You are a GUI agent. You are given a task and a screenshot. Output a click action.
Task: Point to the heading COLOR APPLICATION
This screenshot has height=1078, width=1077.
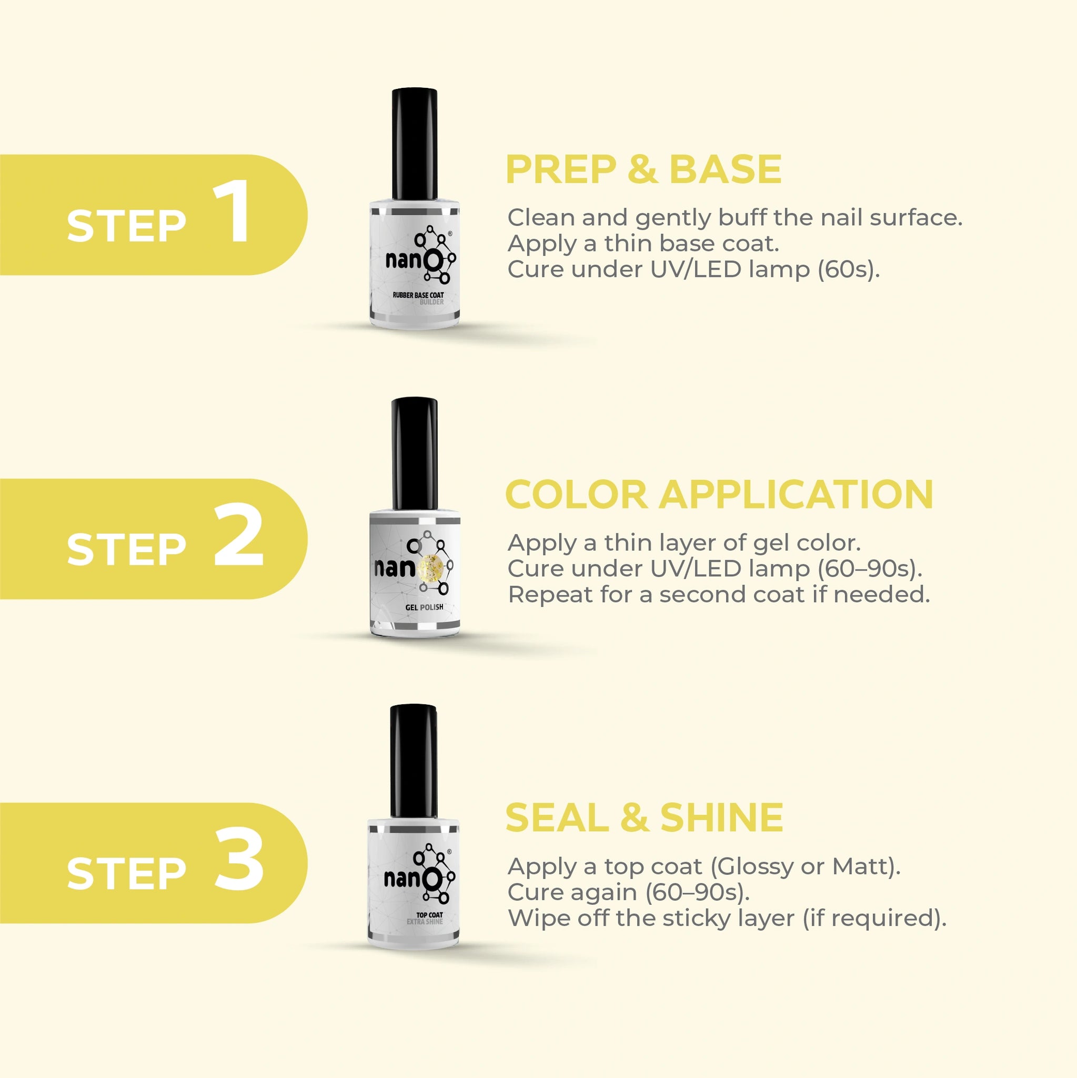[719, 494]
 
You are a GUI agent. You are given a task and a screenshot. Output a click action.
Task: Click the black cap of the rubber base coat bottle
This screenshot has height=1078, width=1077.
[415, 144]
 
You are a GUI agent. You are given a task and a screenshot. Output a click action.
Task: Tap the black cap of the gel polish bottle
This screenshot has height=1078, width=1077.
[415, 454]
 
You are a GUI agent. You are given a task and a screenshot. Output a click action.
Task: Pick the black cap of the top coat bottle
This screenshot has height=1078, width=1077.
[414, 761]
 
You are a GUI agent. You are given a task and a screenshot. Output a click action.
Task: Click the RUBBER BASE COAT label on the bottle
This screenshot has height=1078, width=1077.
[418, 295]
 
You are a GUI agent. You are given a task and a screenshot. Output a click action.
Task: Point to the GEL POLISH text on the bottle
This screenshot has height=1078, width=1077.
[425, 607]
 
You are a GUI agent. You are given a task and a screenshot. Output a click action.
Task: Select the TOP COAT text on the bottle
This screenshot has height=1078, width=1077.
[429, 914]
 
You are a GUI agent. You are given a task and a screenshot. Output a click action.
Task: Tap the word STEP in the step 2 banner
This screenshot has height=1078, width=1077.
[126, 549]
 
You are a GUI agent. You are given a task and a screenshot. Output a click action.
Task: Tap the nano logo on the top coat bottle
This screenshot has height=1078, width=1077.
[419, 874]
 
